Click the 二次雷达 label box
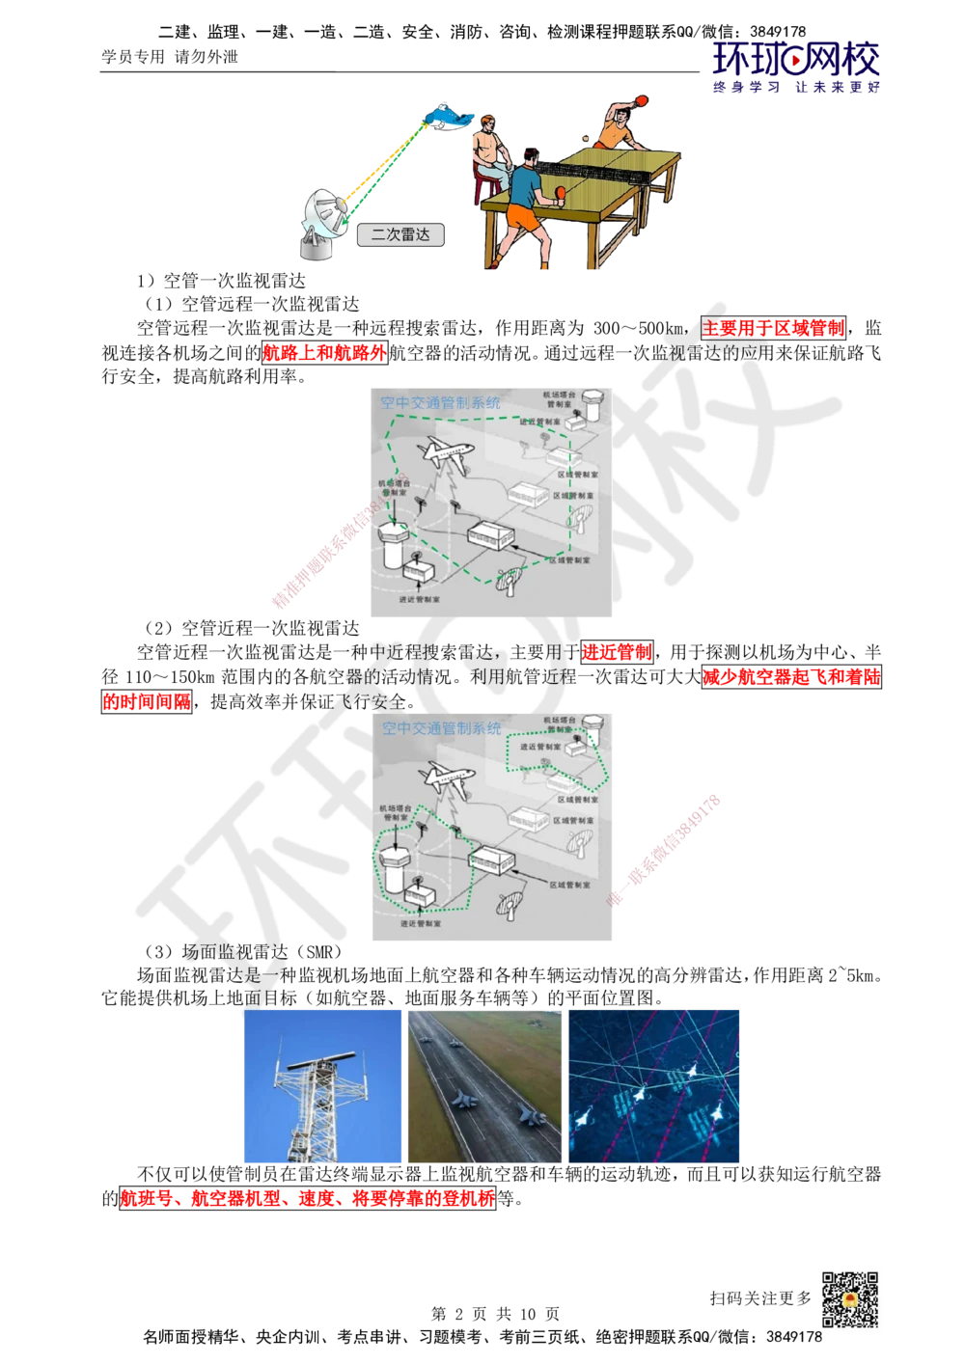400,234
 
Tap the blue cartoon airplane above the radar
449,118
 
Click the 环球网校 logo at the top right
796,68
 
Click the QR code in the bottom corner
849,1299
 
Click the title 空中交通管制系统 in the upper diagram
440,403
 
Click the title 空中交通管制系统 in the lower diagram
441,728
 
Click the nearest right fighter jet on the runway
531,1116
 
